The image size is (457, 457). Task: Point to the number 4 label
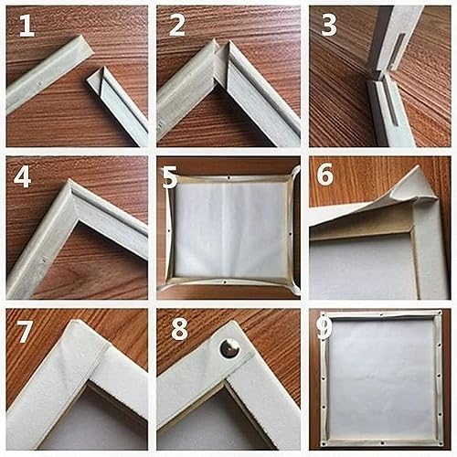23,175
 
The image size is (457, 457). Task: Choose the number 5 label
170,176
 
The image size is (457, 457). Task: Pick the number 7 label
24,328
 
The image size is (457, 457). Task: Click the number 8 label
177,328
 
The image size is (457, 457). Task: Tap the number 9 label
324,329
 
